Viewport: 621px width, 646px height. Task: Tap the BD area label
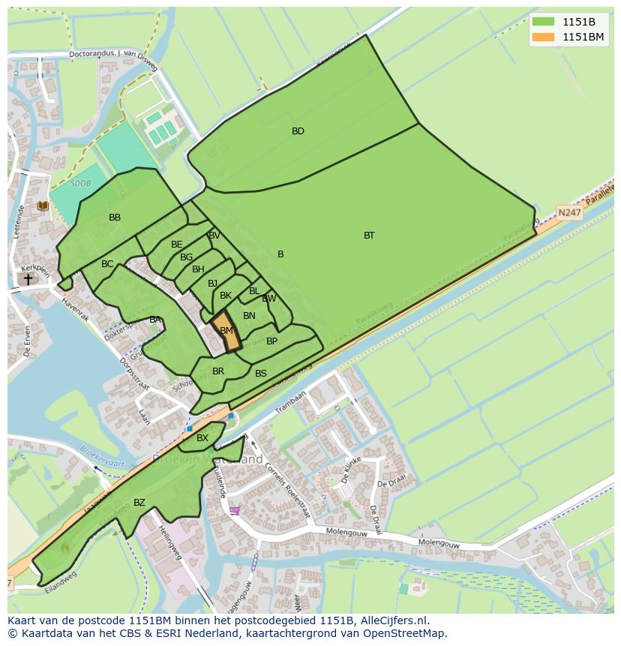tap(298, 131)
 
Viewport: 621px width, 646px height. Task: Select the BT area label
tap(369, 236)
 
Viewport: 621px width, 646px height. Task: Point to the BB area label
tap(115, 218)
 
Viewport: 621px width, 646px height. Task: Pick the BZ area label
tap(139, 503)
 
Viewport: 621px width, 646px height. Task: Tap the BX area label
tap(202, 438)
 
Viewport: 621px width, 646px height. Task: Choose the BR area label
tap(218, 371)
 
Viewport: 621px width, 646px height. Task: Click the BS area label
tap(261, 374)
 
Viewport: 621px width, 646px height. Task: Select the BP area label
tap(271, 341)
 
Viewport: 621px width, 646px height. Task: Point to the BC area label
tap(107, 264)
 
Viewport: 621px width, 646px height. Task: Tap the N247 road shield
tap(568, 212)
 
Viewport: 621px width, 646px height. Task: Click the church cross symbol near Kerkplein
tap(28, 279)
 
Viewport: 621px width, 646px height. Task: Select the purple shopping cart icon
tap(235, 511)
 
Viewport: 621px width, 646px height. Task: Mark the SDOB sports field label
tap(79, 182)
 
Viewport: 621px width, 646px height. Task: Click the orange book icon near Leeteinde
tap(43, 206)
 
